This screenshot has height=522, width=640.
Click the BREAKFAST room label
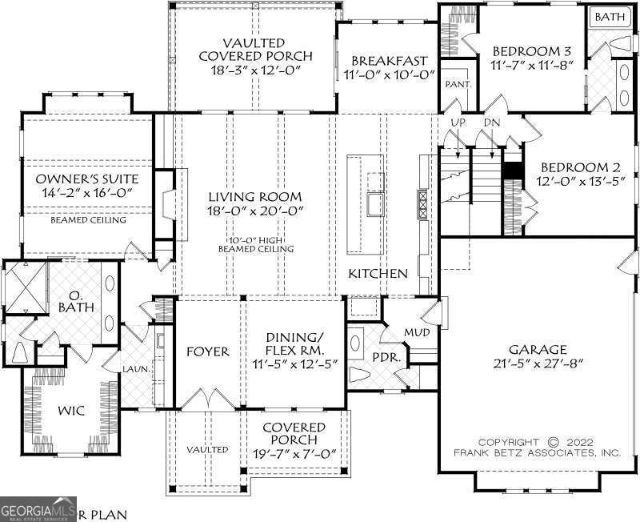[387, 60]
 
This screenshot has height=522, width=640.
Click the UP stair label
[458, 122]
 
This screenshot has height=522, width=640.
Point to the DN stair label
[491, 122]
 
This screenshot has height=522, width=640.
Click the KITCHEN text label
[378, 274]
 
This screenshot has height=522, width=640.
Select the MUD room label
[415, 331]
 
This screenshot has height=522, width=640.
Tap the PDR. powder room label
[387, 355]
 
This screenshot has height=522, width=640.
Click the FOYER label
[207, 351]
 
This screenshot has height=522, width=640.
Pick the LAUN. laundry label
[133, 369]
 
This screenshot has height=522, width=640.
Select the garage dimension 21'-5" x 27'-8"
[538, 363]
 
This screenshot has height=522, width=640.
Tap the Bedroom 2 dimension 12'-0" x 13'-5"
[580, 181]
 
